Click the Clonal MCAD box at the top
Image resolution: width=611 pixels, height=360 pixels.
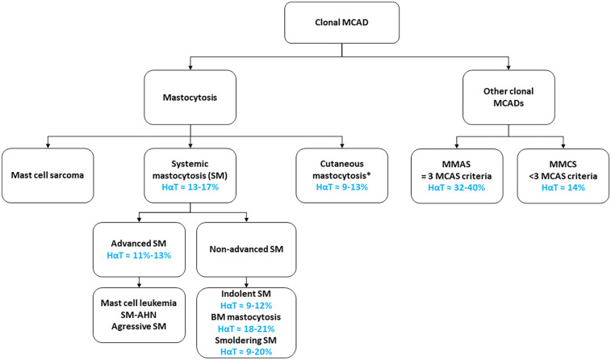click(x=341, y=23)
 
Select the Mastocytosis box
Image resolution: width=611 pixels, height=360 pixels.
click(x=190, y=98)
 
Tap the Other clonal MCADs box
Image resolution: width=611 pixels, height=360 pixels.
click(x=508, y=98)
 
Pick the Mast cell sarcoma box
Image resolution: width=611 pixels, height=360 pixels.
click(x=48, y=175)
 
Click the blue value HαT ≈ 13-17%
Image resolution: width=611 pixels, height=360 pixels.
click(x=190, y=187)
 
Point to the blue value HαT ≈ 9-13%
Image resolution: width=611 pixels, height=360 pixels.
click(x=341, y=187)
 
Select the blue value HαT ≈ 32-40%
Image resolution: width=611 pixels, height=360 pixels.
click(x=457, y=188)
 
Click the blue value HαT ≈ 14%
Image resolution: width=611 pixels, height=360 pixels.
click(x=563, y=188)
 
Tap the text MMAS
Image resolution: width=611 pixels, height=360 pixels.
click(x=457, y=165)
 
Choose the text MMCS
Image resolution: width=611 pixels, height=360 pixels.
click(x=563, y=165)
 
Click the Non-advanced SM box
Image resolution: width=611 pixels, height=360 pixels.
click(x=246, y=249)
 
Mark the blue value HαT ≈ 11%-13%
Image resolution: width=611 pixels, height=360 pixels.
click(x=139, y=256)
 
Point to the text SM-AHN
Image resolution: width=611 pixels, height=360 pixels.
click(x=139, y=315)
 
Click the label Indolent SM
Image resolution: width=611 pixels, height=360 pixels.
click(x=246, y=294)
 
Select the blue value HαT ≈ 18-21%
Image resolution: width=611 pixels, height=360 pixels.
click(x=246, y=329)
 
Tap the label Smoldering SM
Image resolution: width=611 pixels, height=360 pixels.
click(x=246, y=340)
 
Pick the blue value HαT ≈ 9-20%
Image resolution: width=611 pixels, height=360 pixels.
click(x=246, y=352)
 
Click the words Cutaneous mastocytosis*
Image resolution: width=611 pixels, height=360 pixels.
click(x=341, y=170)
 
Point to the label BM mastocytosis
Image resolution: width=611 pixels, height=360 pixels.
click(x=246, y=317)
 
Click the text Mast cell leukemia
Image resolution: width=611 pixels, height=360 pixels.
click(x=139, y=303)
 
